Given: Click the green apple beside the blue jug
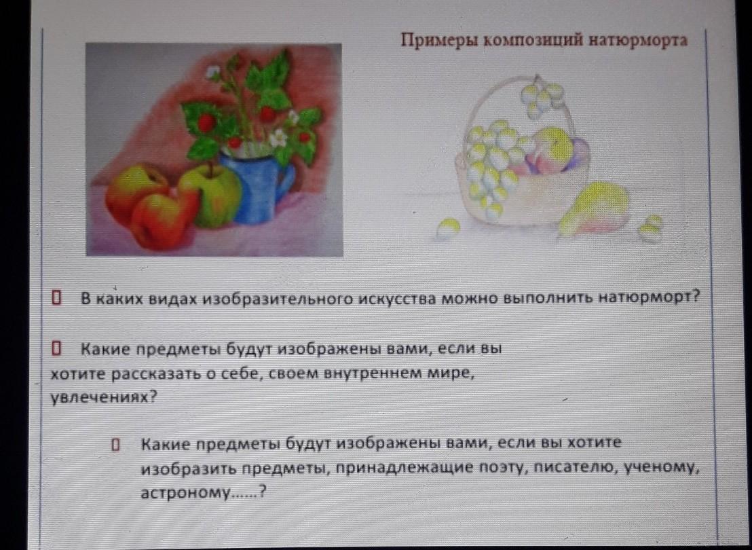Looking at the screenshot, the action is pos(210,195).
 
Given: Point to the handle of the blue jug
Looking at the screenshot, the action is pos(288,179).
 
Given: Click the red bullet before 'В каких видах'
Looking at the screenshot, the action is pos(56,297).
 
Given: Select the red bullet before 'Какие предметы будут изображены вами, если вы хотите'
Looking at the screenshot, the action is pos(115,445).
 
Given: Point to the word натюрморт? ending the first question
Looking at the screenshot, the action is pos(650,297).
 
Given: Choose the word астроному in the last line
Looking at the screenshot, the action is pos(185,492).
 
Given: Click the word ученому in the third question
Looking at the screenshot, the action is pos(659,467).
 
